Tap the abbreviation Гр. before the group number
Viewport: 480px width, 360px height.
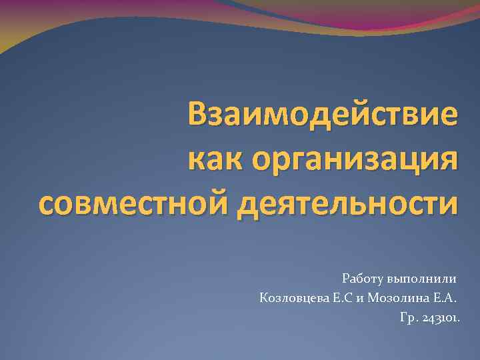(408, 318)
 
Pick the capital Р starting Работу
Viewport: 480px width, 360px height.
(345, 277)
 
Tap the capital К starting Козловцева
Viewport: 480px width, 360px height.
(264, 297)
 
